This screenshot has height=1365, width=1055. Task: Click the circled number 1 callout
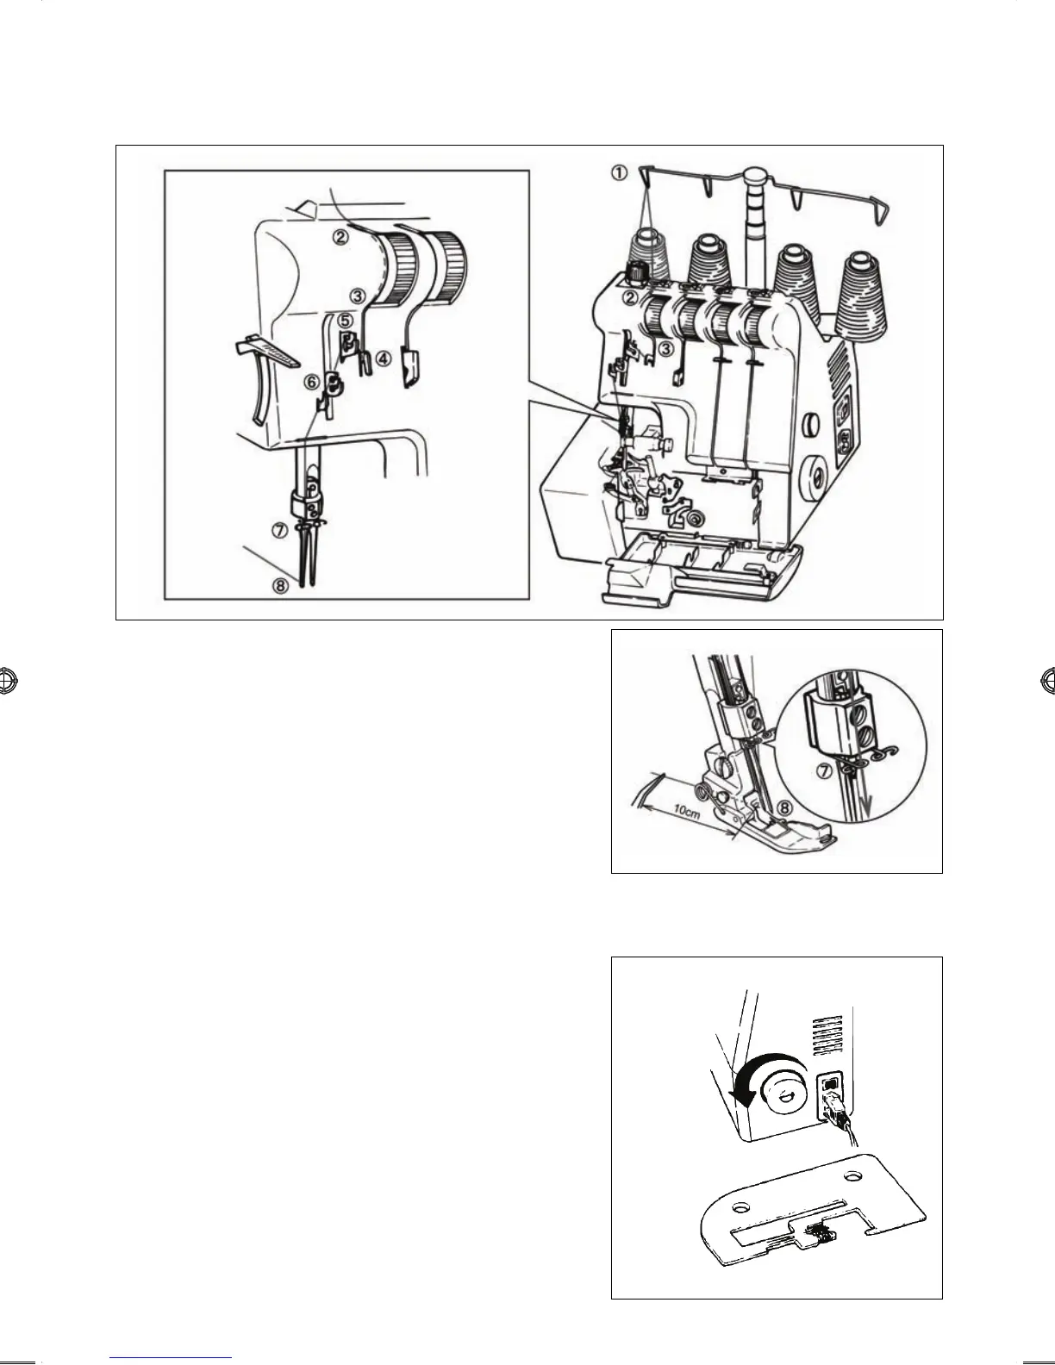[620, 172]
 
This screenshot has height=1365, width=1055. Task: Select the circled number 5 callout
[345, 320]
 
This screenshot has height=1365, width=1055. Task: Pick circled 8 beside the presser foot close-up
[782, 808]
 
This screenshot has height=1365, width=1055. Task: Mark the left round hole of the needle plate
[737, 1206]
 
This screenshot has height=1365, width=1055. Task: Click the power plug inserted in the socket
[833, 1107]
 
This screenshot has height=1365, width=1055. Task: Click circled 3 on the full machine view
[665, 348]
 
